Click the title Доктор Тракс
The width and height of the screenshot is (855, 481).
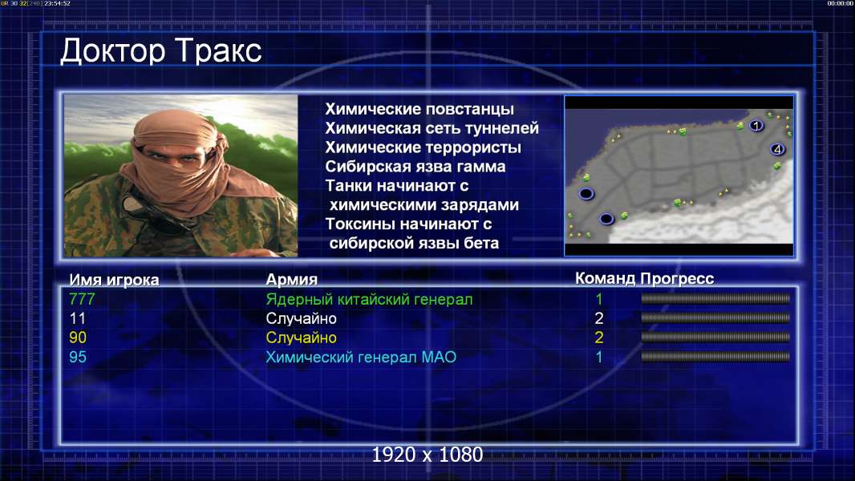click(x=161, y=52)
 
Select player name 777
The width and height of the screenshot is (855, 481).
click(x=82, y=299)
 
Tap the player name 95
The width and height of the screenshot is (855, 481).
click(x=78, y=358)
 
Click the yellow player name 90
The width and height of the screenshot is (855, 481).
click(x=78, y=338)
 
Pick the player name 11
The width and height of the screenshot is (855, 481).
click(x=78, y=319)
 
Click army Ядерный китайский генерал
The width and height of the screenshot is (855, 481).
click(x=369, y=300)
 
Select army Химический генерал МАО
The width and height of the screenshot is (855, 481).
click(x=361, y=358)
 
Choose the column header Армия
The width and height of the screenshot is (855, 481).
click(x=291, y=280)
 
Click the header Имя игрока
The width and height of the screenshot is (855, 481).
click(x=114, y=280)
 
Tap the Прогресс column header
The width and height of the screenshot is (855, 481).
click(x=677, y=279)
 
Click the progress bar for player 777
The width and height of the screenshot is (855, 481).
click(x=715, y=298)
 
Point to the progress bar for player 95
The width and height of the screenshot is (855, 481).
click(x=715, y=357)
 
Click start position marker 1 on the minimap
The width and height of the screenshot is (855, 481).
click(x=756, y=126)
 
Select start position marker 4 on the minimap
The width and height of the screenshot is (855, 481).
click(x=777, y=149)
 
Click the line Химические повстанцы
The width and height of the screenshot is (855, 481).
click(x=419, y=110)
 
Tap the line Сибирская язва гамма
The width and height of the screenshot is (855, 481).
click(x=415, y=167)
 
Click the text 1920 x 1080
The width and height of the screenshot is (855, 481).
click(x=427, y=455)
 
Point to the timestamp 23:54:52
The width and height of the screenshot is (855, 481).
click(x=57, y=3)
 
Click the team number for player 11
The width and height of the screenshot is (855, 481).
click(x=598, y=318)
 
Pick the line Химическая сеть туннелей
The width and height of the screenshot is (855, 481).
click(x=432, y=128)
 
